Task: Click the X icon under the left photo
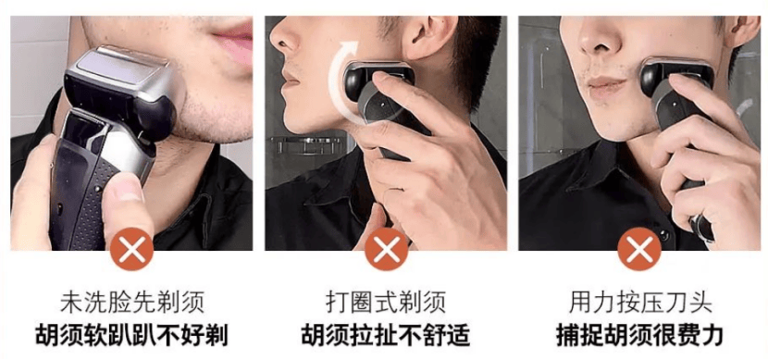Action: [x=132, y=250]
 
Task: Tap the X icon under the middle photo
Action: [x=386, y=250]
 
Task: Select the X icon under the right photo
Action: [x=638, y=250]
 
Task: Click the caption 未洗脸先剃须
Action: [x=131, y=301]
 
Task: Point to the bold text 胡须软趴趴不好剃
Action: [x=131, y=333]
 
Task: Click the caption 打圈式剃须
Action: [x=385, y=301]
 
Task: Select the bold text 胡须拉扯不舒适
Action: [x=385, y=333]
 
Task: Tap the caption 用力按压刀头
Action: [x=638, y=301]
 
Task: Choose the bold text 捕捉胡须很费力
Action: [x=638, y=333]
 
